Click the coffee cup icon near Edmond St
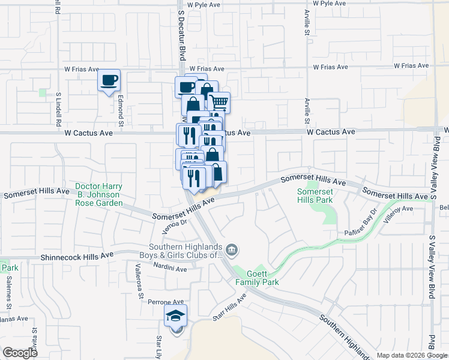coord(109,80)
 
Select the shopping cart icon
coord(219,103)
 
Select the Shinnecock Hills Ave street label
coord(77,256)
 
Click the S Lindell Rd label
coord(59,109)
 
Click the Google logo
coord(20,353)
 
